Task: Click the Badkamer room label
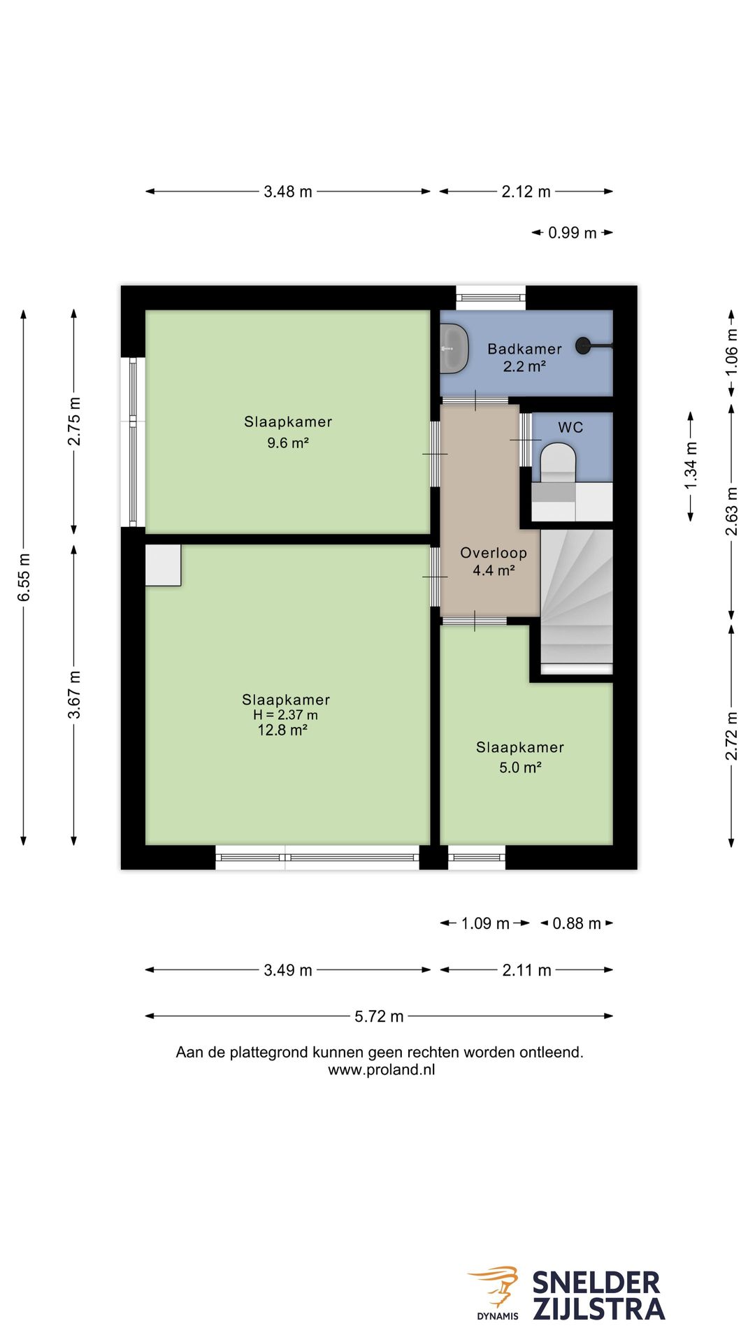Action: point(524,349)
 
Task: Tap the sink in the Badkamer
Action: point(454,348)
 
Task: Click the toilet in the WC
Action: point(558,462)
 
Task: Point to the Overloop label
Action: point(494,553)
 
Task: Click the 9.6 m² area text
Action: point(288,443)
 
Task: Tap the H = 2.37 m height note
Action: point(285,715)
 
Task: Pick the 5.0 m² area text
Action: point(520,767)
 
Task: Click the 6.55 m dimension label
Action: point(24,577)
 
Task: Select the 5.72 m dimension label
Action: point(379,1016)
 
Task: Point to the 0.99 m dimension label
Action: point(573,233)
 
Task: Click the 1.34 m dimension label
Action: point(691,466)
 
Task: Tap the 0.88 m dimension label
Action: point(577,923)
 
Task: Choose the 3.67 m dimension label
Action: point(74,695)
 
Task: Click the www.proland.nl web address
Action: point(382,1070)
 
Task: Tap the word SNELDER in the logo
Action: point(596,1283)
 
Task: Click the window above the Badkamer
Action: point(491,298)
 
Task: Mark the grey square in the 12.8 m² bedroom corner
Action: point(164,565)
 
